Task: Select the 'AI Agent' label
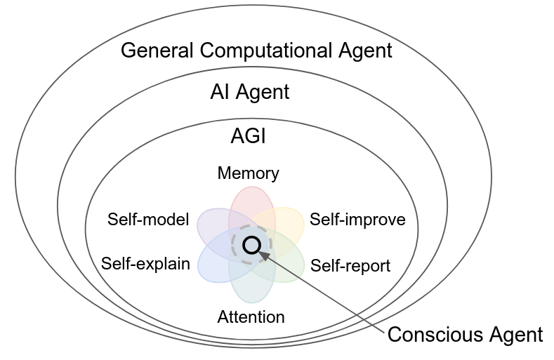point(249,92)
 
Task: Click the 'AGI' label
point(249,135)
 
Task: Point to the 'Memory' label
point(249,173)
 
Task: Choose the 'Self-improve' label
point(357,220)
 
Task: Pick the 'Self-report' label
point(350,265)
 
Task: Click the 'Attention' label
point(251,316)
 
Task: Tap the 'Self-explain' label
point(145,264)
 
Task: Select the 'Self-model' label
point(149,220)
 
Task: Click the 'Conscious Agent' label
point(465,335)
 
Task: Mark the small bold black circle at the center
point(251,244)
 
